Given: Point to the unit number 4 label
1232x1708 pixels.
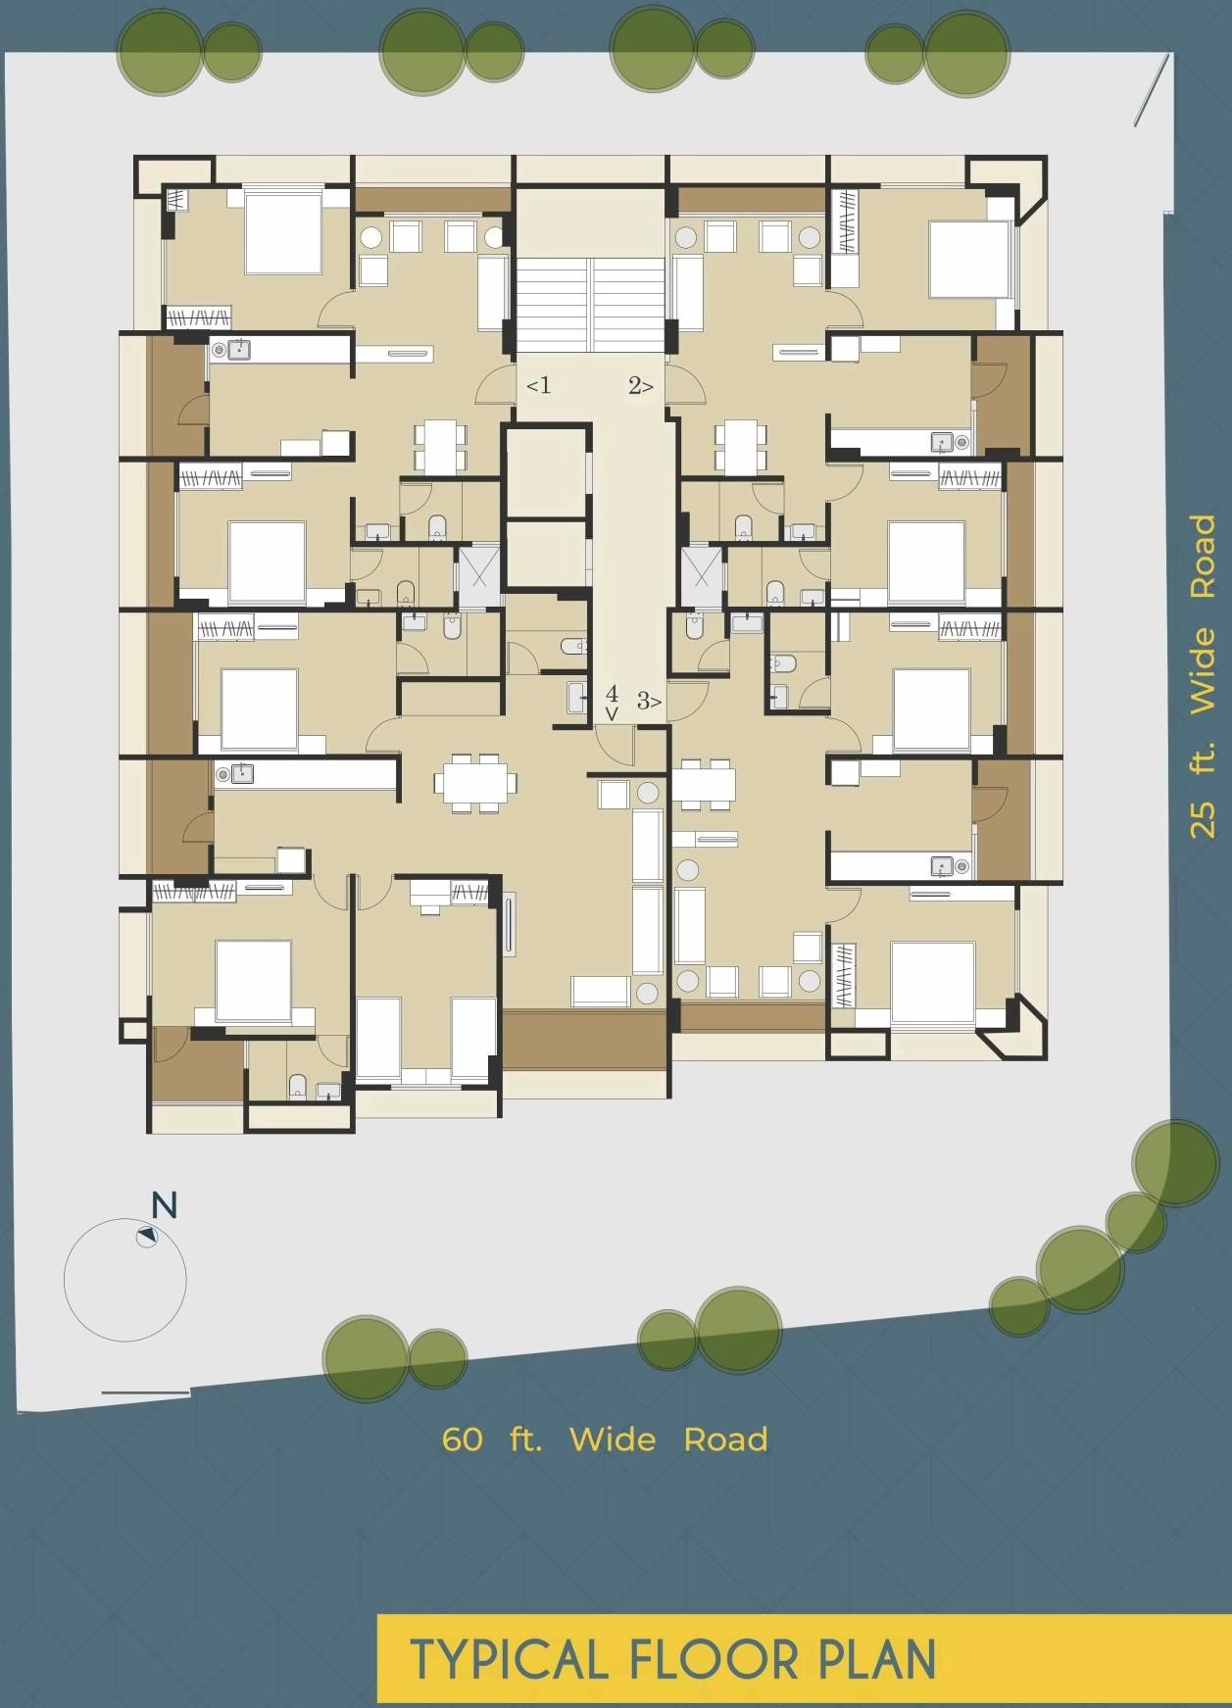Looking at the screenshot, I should (612, 694).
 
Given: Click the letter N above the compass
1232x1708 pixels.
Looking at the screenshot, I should (164, 1205).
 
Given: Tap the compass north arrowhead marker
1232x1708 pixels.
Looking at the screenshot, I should (147, 1237).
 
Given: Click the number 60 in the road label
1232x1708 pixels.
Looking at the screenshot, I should (462, 1440).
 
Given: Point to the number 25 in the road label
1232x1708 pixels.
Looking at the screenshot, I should (1203, 818).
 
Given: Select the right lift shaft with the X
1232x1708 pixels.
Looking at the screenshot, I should (702, 574).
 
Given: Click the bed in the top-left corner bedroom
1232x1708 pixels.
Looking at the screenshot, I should (282, 233).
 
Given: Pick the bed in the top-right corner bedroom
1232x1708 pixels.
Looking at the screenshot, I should (968, 259).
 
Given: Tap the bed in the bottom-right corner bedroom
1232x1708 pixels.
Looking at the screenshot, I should (932, 983).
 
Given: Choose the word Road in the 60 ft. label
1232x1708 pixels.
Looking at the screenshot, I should (725, 1440).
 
